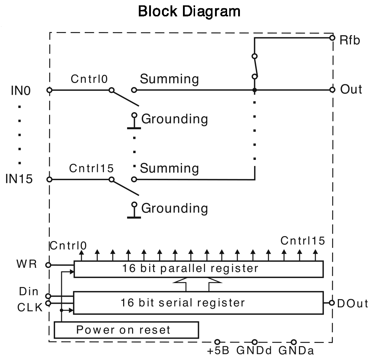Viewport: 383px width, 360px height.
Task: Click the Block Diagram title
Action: point(189,11)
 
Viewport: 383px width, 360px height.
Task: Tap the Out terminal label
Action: point(351,89)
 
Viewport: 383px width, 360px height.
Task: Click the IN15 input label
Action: point(23,179)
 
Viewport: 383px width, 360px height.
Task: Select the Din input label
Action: point(29,292)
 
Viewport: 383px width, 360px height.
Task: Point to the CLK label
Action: point(30,307)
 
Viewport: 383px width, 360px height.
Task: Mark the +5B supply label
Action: point(218,351)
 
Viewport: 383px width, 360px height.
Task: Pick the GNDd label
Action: point(254,351)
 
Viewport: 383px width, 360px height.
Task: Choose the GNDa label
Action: point(296,351)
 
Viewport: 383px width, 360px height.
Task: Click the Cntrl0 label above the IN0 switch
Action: point(89,79)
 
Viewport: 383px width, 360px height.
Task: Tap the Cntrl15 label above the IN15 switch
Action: point(91,168)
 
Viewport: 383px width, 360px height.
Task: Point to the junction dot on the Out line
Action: point(254,90)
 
